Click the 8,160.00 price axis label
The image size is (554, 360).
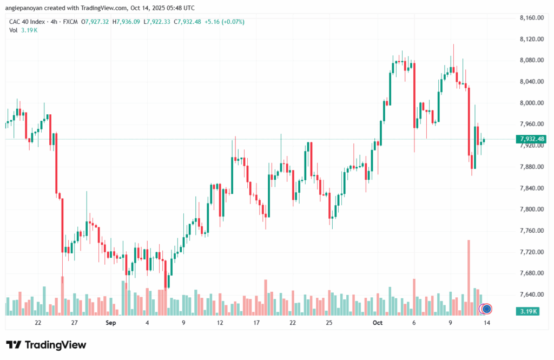(531, 18)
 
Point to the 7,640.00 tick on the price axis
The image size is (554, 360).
(531, 294)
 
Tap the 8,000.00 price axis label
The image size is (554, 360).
(531, 103)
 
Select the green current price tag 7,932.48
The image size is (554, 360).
(531, 139)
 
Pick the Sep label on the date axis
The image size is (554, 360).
(111, 323)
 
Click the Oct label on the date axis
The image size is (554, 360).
(378, 323)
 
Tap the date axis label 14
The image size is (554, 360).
(487, 323)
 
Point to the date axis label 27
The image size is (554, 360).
(74, 323)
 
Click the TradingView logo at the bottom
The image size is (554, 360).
(46, 345)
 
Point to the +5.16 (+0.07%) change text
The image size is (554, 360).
(224, 22)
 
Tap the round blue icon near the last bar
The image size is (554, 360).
(486, 309)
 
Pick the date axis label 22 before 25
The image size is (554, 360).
(292, 323)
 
